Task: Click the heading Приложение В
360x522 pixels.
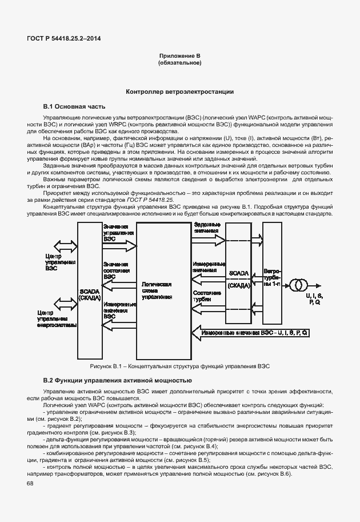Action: coord(179,55)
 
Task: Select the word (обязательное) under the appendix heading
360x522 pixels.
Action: coord(179,63)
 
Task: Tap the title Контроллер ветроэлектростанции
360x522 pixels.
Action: coord(179,91)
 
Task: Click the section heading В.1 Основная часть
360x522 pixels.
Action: coord(75,106)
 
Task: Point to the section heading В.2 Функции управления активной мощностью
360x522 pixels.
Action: coord(117,380)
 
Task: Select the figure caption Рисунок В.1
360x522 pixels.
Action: coord(179,365)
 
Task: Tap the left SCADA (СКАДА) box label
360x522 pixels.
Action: coord(89,294)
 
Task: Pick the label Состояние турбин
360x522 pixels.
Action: coord(203,296)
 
